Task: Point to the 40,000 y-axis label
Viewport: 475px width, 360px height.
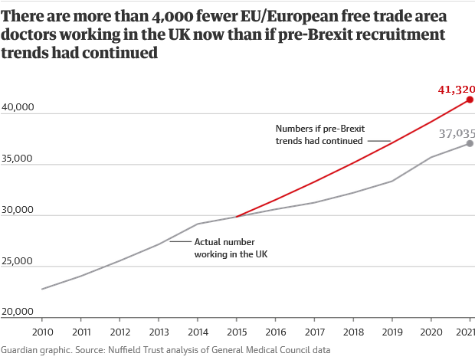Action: (18, 107)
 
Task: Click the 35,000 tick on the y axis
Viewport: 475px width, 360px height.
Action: (18, 159)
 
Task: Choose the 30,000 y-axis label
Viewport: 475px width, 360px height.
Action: (18, 210)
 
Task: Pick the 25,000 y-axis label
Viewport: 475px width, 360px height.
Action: (18, 261)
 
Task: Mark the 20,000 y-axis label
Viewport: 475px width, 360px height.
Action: (18, 312)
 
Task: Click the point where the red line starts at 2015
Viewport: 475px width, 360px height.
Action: (237, 217)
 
